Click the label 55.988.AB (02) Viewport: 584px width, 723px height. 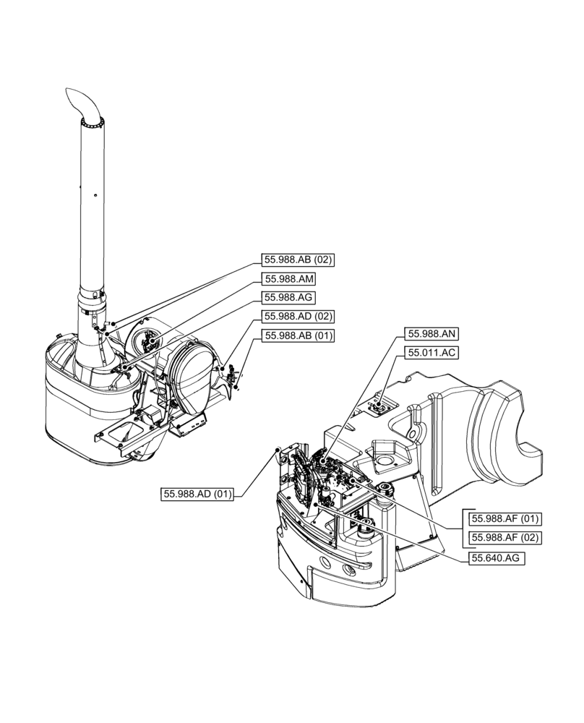tap(297, 260)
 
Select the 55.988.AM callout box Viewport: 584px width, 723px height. tap(289, 278)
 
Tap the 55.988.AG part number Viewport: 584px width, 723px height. tap(289, 297)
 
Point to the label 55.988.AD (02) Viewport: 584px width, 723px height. tap(297, 316)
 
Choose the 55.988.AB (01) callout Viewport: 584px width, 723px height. tap(298, 335)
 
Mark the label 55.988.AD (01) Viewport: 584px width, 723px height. tap(197, 495)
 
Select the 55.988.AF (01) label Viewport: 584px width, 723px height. tap(506, 518)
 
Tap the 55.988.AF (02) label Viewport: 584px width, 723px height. tap(506, 537)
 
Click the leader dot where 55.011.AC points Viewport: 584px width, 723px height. tap(377, 408)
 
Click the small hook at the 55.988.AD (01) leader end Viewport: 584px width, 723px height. tap(278, 450)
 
